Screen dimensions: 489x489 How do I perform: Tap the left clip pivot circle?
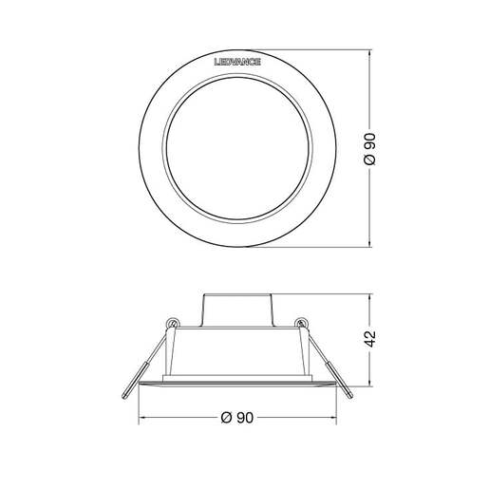pyautogui.click(x=173, y=323)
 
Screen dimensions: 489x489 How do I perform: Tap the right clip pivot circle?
pyautogui.click(x=301, y=323)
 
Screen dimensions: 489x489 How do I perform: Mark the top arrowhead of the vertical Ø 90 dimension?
pyautogui.click(x=368, y=47)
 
